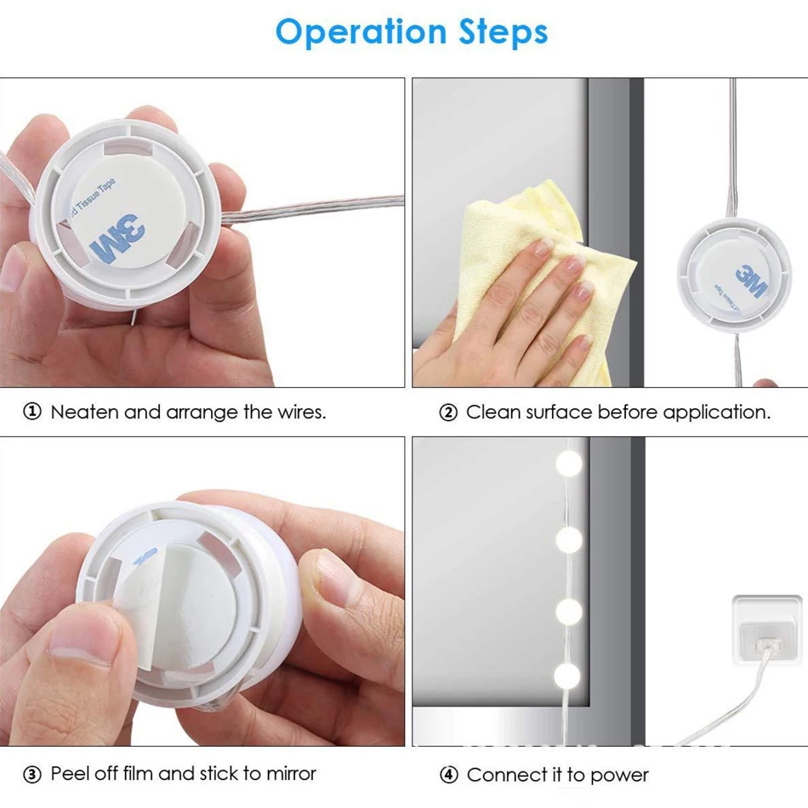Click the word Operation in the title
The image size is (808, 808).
(361, 32)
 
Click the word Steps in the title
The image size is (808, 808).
(503, 31)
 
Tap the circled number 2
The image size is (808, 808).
(448, 413)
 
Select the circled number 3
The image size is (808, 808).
(32, 774)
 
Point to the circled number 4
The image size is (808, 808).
(448, 775)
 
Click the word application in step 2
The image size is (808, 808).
(717, 413)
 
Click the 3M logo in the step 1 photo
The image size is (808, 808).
(117, 239)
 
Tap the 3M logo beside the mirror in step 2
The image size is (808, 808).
(750, 282)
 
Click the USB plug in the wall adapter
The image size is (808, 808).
(768, 644)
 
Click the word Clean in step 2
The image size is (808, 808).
(492, 412)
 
